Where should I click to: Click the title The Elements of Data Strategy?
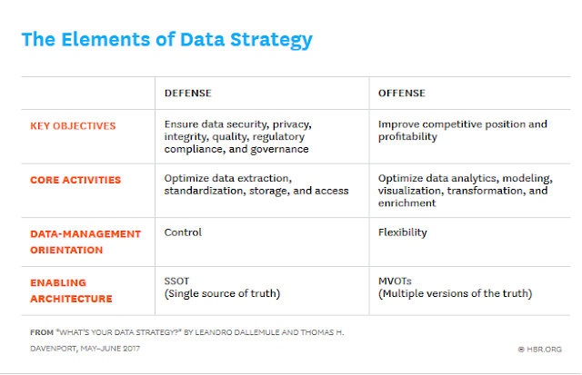tap(167, 40)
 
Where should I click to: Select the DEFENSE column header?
tap(188, 93)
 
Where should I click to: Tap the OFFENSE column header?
tap(402, 93)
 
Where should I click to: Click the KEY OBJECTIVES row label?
tap(73, 126)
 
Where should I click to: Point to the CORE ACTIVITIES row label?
tap(75, 180)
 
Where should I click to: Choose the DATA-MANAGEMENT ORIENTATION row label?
tap(85, 242)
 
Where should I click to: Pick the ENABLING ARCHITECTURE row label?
tap(71, 291)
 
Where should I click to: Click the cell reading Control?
tap(183, 232)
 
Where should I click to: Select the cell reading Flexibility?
tap(402, 232)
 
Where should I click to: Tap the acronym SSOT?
tap(176, 281)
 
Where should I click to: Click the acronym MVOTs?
tap(395, 281)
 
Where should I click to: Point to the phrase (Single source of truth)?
tap(222, 293)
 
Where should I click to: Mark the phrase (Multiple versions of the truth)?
tap(455, 293)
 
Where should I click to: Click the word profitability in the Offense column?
tap(407, 137)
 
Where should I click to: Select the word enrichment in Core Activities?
tap(406, 203)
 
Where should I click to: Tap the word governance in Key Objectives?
tap(279, 149)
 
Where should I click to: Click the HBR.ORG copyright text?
tap(539, 349)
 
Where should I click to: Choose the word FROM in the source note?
tap(42, 332)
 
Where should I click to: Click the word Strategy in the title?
tap(271, 40)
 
